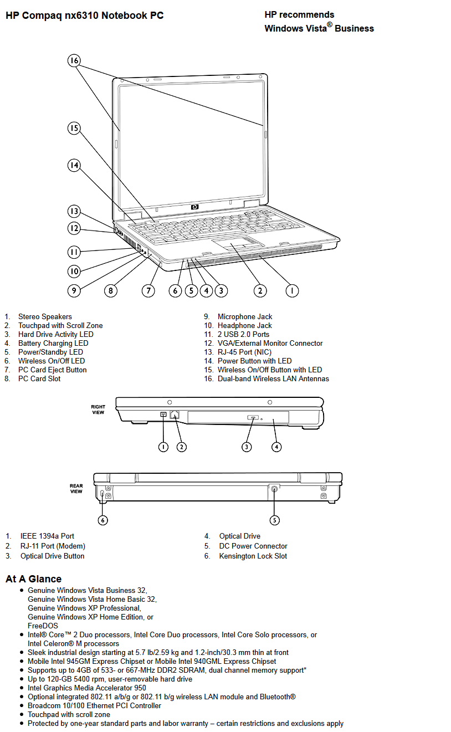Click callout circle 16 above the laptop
pos(74,61)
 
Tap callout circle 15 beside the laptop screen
pos(74,129)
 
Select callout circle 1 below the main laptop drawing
pos(292,290)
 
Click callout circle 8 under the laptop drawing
pos(111,290)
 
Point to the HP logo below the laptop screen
pos(195,207)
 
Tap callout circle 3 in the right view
pos(247,447)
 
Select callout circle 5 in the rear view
pos(275,520)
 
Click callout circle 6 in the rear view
pos(103,520)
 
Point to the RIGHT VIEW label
pos(98,409)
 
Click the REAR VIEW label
pos(76,489)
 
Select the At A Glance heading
pos(33,579)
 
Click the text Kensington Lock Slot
pos(253,556)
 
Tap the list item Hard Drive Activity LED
pos(55,334)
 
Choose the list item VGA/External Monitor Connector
pos(270,343)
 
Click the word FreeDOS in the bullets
pos(43,626)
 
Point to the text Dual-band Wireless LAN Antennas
pos(273,378)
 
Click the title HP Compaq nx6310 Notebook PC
pos(85,16)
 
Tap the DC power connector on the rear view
pos(275,489)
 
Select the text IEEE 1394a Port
pos(47,536)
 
